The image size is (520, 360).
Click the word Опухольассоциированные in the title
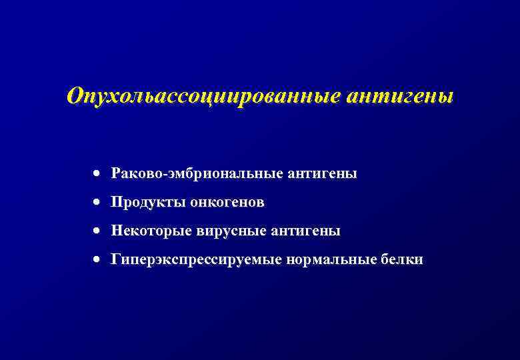(x=203, y=96)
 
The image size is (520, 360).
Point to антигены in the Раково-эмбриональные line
(x=323, y=174)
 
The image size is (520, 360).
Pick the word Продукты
(x=148, y=202)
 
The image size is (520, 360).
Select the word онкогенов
(x=227, y=202)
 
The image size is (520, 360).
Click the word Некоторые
(x=151, y=231)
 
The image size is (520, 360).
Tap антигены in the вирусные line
(x=306, y=231)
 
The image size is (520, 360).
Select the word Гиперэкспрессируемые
(x=196, y=260)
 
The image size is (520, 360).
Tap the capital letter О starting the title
(x=75, y=96)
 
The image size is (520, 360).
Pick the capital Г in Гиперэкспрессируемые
(x=115, y=259)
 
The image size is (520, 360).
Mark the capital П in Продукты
(x=117, y=202)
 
